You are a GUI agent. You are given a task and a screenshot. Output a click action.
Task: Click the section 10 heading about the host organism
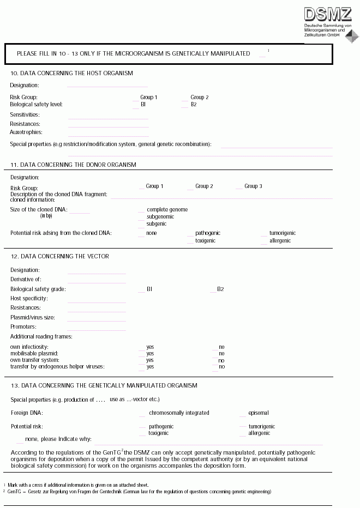click(x=71, y=73)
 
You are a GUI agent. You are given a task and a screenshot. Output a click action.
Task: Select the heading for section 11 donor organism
click(x=73, y=165)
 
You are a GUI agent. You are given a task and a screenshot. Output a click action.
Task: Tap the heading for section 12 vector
click(x=59, y=256)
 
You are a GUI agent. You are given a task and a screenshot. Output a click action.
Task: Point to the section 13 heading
click(x=104, y=385)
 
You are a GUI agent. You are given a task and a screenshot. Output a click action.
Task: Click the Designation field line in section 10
click(x=107, y=86)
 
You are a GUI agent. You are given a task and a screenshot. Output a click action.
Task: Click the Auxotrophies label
click(x=26, y=132)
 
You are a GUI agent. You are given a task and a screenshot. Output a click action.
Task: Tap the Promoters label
click(x=23, y=326)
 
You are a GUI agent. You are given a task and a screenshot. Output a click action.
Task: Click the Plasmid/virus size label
click(x=32, y=317)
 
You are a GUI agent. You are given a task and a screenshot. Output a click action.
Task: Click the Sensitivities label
click(x=25, y=114)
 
